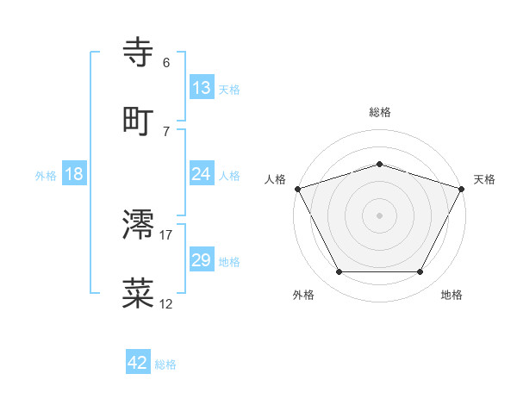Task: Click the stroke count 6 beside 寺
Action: coord(166,63)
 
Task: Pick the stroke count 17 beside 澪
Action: coord(166,234)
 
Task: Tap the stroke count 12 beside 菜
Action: coord(166,303)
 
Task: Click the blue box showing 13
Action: coord(202,88)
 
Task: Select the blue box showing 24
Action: coord(202,174)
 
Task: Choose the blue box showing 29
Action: coord(202,260)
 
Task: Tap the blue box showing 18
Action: coord(74,174)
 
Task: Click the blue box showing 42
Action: coord(138,363)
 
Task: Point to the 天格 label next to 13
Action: coord(229,89)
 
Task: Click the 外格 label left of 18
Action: coord(46,175)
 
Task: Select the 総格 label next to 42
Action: coord(165,364)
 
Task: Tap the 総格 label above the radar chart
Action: coord(379,112)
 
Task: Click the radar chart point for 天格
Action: coord(462,188)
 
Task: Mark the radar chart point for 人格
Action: coord(297,188)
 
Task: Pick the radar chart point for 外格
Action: coord(339,271)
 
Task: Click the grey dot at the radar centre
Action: coord(379,215)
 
